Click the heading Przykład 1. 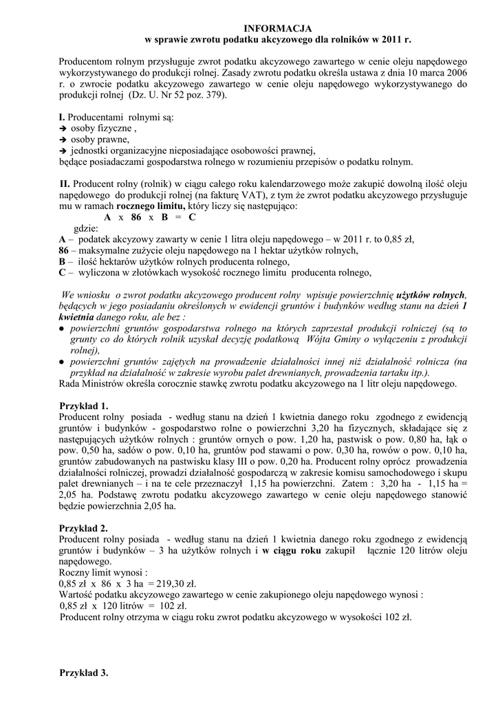pos(84,406)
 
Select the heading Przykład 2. pos(84,528)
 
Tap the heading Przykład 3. pos(84,673)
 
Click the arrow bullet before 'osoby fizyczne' pos(63,129)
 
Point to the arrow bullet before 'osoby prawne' pos(63,140)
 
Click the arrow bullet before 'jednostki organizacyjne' pos(63,151)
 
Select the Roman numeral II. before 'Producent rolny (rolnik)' pos(65,184)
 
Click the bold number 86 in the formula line pos(136,217)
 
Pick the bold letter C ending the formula pos(193,217)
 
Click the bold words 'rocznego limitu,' pos(151,206)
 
